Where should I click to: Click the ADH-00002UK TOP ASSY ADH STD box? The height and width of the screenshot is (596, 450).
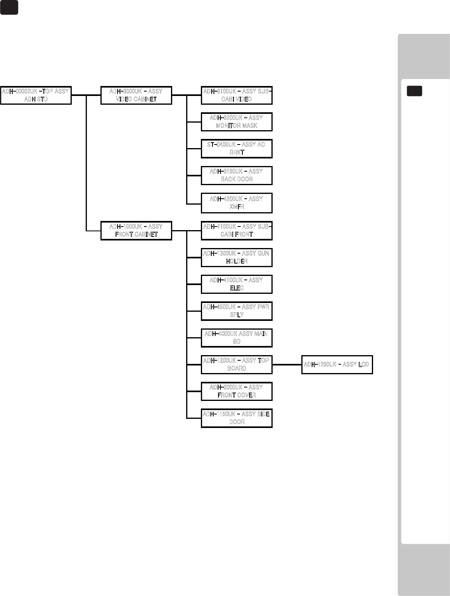click(x=36, y=96)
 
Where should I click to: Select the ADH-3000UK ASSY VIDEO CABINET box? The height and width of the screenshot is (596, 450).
click(x=136, y=96)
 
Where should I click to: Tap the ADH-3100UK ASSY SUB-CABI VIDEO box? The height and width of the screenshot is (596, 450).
click(x=237, y=96)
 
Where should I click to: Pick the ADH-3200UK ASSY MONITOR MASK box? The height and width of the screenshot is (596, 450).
click(x=237, y=122)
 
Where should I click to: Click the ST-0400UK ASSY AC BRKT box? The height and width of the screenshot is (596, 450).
click(x=237, y=149)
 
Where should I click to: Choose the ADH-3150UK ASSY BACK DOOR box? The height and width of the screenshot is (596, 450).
click(x=237, y=176)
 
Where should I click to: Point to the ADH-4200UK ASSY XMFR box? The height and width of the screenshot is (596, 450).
click(x=237, y=203)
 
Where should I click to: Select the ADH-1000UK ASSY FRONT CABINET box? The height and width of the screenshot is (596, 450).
click(x=136, y=231)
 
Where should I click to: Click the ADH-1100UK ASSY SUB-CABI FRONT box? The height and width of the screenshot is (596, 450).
click(x=237, y=231)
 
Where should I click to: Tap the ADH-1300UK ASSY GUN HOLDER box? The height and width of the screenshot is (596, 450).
click(x=237, y=257)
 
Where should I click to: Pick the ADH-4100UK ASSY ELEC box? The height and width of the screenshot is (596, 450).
click(x=237, y=284)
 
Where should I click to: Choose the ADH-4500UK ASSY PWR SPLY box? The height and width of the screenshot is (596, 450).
click(x=237, y=311)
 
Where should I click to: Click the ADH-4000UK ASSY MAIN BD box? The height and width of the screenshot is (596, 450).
click(x=237, y=338)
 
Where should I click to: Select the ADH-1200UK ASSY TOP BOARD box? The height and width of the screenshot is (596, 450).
click(x=237, y=364)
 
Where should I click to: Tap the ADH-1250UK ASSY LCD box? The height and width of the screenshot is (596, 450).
click(x=337, y=364)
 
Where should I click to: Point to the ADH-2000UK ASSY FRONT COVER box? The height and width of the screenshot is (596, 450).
click(x=237, y=391)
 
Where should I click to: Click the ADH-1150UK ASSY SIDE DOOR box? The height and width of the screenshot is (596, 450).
click(x=237, y=418)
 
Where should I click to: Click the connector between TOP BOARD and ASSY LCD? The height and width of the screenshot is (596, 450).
click(x=287, y=364)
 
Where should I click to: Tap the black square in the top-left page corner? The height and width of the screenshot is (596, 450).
click(x=9, y=8)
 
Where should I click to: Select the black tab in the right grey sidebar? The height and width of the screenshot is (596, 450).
click(x=415, y=91)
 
